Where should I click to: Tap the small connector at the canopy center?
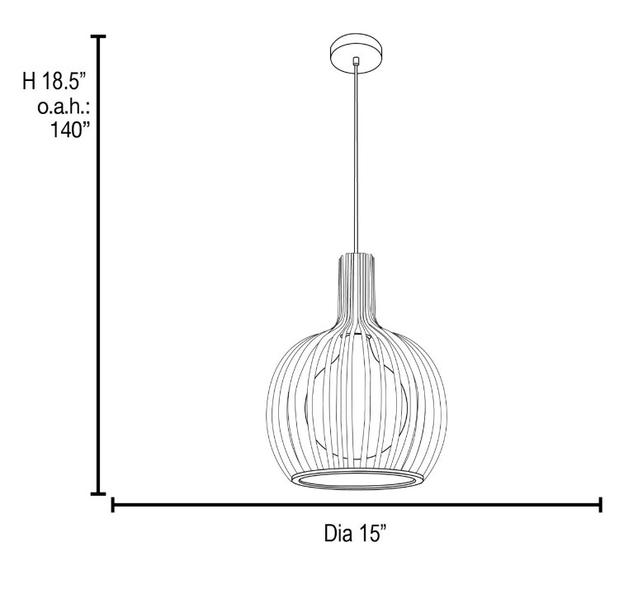point(356,61)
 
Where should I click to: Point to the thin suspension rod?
point(357,157)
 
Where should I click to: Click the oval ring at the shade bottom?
point(356,481)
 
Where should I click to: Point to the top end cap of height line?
point(99,37)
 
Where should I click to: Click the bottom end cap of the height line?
point(99,494)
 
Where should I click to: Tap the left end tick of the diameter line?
point(112,504)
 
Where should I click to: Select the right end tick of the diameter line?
point(600,504)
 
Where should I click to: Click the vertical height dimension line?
point(99,264)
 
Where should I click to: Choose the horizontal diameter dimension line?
point(355,504)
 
